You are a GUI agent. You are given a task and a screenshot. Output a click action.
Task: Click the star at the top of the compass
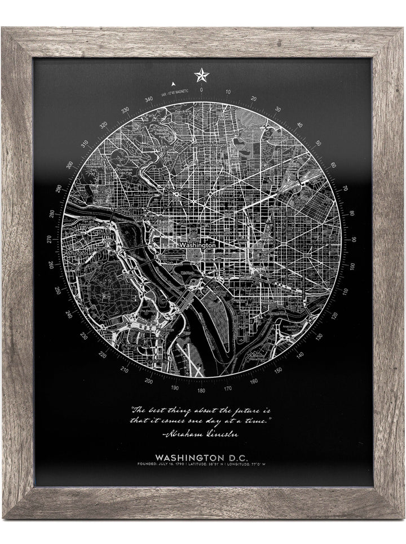[201, 74]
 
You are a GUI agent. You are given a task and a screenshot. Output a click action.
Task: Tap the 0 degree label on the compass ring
[201, 90]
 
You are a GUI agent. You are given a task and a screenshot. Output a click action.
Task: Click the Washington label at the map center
[197, 246]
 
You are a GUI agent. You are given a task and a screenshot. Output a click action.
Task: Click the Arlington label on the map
[77, 254]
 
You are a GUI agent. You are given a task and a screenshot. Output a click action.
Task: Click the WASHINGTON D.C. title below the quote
[201, 456]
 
